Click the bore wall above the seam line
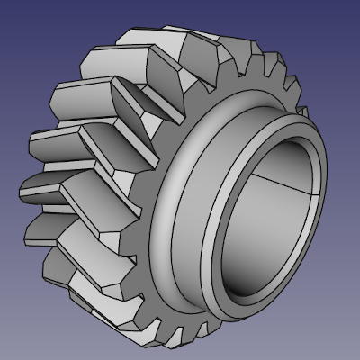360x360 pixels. pyautogui.click(x=279, y=162)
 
